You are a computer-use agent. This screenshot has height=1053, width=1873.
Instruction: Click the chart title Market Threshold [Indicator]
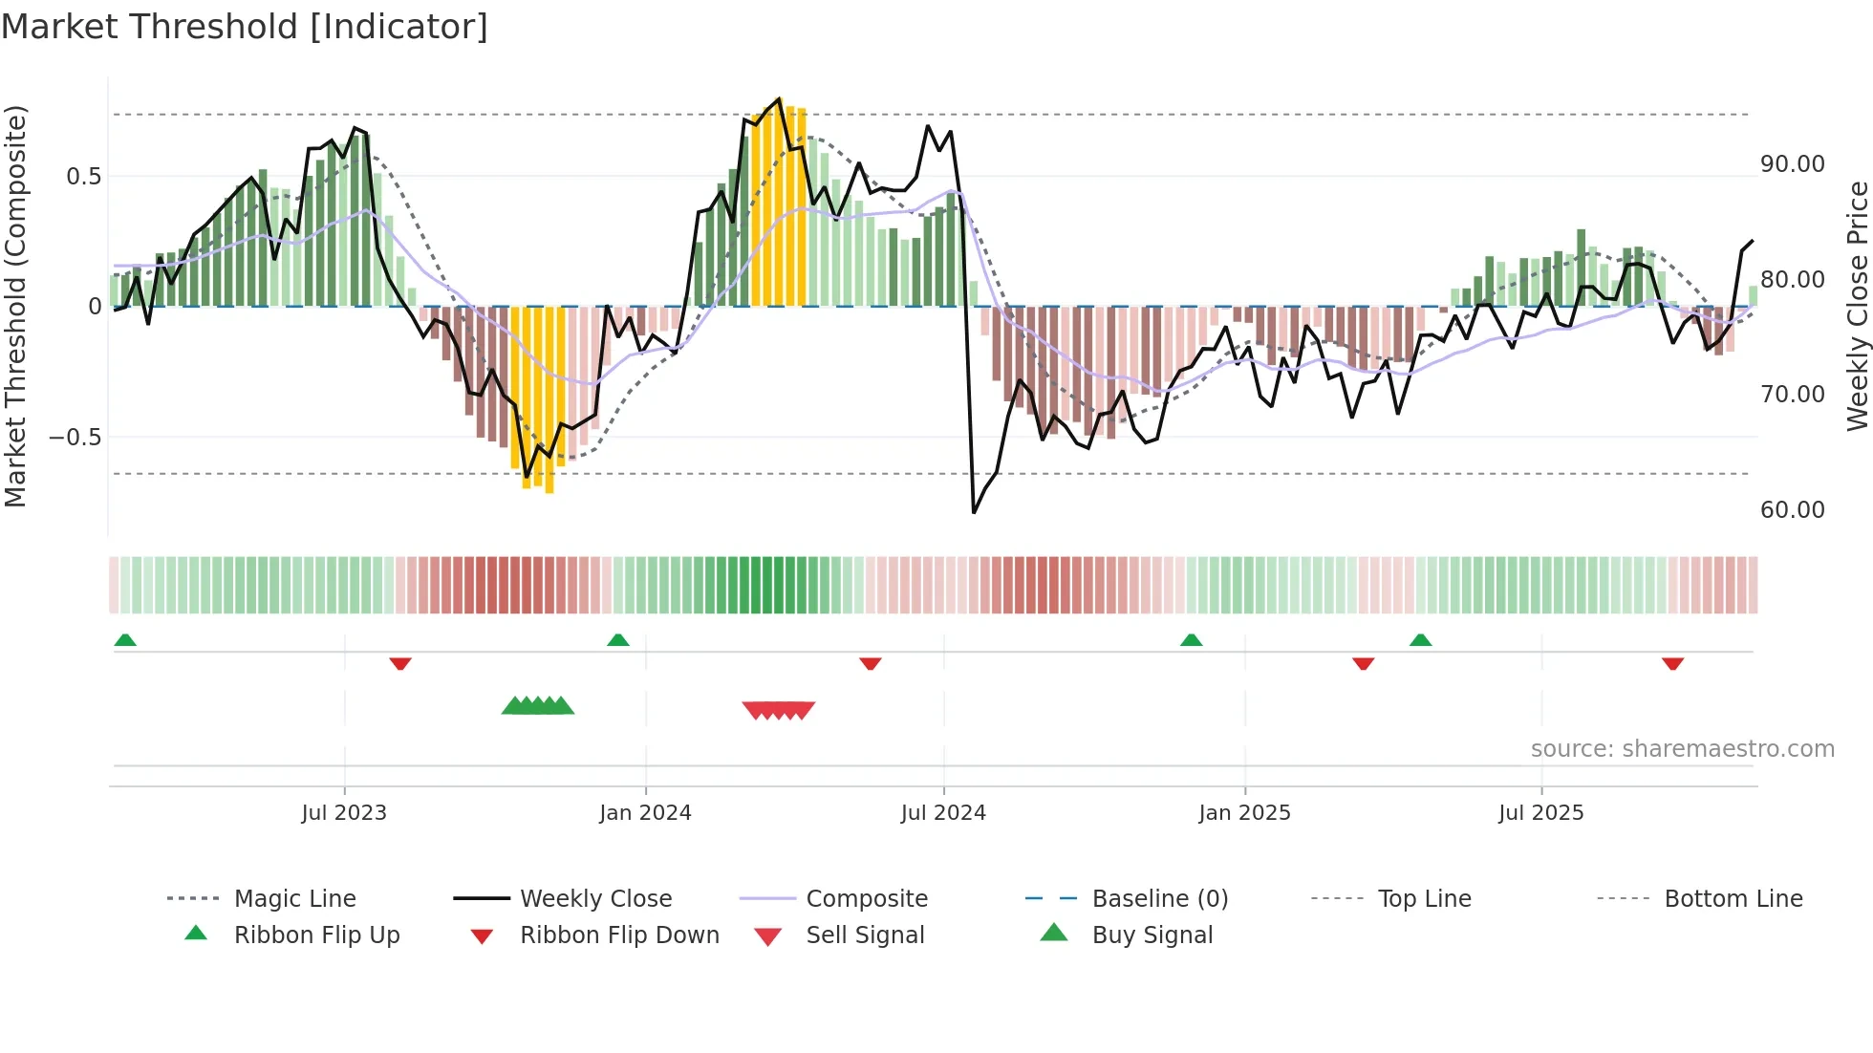pos(245,27)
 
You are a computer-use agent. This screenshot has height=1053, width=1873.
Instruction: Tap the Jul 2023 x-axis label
pos(344,813)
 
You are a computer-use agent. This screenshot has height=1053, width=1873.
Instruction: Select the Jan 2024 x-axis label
pos(645,813)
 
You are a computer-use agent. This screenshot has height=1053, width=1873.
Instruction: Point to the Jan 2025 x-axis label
pos(1244,813)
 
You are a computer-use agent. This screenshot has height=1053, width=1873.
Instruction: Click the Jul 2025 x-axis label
pos(1540,813)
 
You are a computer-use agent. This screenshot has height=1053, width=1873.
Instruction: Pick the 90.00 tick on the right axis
pos(1792,164)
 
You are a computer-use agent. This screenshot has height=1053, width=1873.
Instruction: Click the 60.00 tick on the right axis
pos(1792,510)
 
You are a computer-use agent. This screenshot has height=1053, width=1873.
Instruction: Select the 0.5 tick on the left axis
pos(83,177)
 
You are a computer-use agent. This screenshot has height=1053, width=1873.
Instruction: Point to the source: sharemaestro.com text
pos(1682,749)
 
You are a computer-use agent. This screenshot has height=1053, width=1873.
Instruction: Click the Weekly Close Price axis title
pos(1857,306)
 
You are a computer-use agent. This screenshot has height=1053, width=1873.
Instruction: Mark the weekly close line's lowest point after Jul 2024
pos(974,512)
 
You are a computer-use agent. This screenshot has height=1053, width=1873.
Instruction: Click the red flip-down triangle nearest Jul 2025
pos(1672,663)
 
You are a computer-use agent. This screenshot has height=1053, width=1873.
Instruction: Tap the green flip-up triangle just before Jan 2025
pos(1191,640)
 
